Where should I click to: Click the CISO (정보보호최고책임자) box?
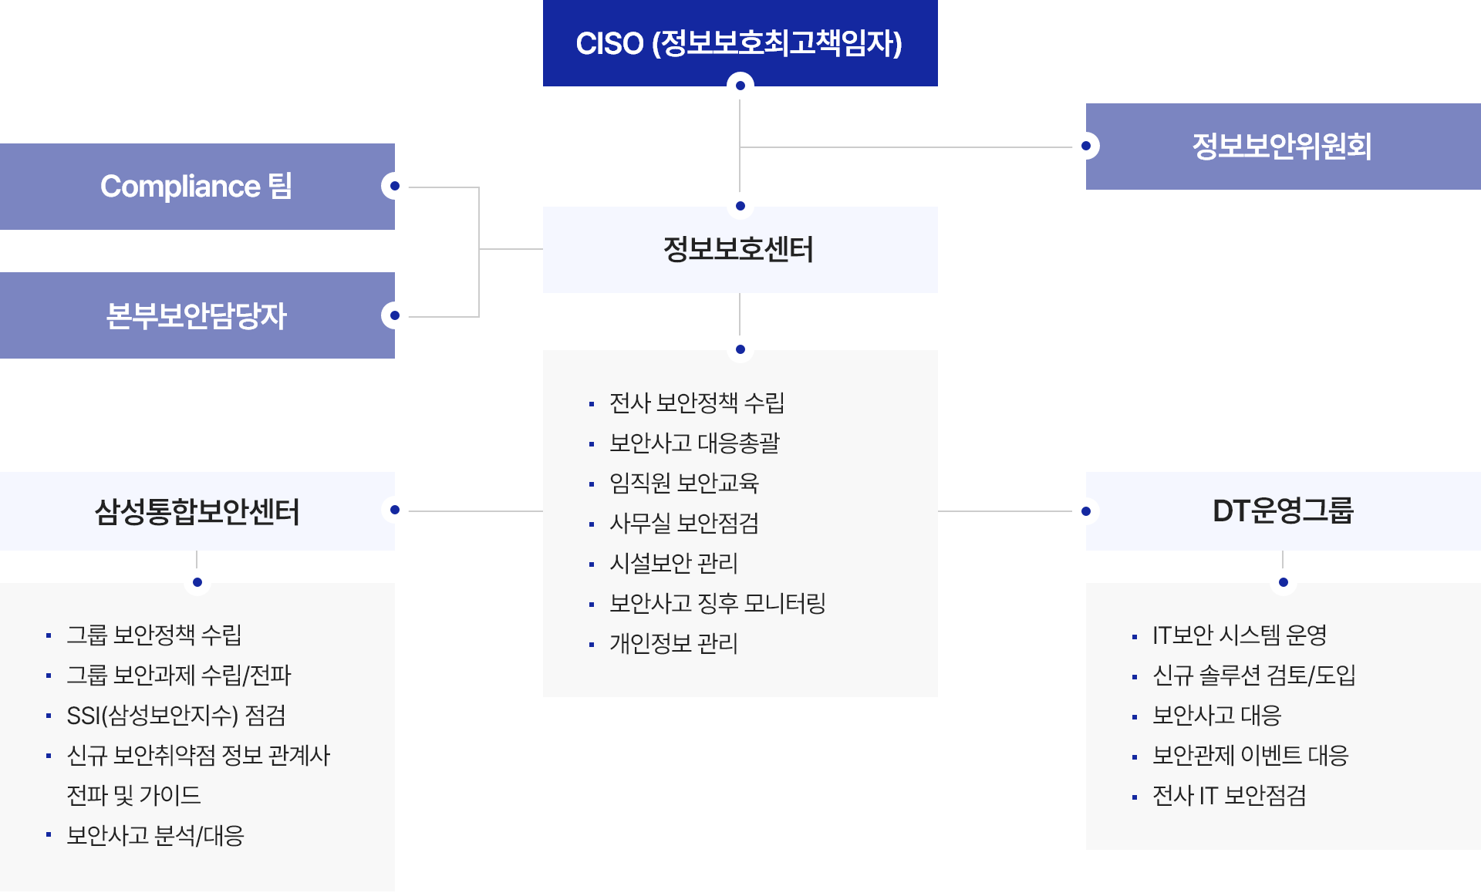click(x=739, y=42)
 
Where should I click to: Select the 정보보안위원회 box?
click(x=1282, y=147)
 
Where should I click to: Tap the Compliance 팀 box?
click(x=197, y=187)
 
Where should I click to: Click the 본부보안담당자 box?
click(x=197, y=315)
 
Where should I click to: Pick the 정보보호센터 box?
click(x=739, y=249)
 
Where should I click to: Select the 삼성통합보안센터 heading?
click(x=197, y=511)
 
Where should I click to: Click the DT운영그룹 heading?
click(x=1282, y=511)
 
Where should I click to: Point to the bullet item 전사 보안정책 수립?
click(x=697, y=403)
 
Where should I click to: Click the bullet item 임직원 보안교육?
click(x=684, y=483)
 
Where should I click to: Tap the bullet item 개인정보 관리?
click(x=673, y=643)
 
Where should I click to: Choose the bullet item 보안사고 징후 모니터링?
click(x=717, y=603)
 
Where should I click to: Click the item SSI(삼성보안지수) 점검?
click(x=176, y=715)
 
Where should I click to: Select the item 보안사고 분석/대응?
click(x=155, y=835)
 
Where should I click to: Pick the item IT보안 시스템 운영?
click(x=1240, y=635)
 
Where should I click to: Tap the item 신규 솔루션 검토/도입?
click(x=1253, y=675)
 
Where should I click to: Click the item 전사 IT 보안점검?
click(x=1229, y=795)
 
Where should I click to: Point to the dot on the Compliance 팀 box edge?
click(x=395, y=186)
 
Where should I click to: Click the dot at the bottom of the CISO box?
click(x=740, y=86)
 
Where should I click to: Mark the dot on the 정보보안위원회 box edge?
click(x=1086, y=146)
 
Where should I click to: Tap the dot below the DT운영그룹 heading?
click(x=1283, y=582)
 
